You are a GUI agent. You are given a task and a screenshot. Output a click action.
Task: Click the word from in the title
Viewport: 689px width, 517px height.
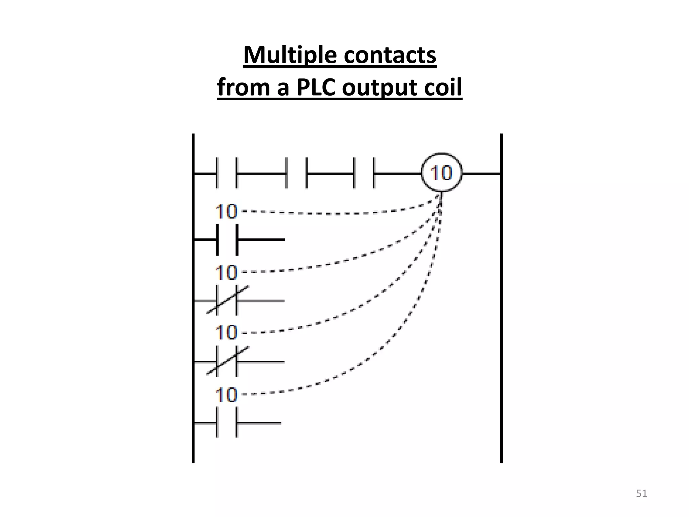244,87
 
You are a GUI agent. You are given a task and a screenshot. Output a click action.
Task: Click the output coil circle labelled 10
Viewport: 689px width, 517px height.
441,173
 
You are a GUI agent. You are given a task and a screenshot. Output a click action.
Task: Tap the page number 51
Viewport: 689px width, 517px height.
641,493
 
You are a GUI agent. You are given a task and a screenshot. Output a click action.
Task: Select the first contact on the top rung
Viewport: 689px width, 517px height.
226,173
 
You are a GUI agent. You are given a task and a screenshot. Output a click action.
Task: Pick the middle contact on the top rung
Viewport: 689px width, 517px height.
296,173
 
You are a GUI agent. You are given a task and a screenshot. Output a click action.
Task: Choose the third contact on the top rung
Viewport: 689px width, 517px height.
364,173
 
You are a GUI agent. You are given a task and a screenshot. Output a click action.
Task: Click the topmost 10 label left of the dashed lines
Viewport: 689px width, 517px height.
226,212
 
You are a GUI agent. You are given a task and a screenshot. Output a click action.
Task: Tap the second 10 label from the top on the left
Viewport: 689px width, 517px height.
226,272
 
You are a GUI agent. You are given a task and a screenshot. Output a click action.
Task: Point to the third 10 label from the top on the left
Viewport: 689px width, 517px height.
226,333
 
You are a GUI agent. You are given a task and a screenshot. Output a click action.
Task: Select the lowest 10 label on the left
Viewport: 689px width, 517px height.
226,394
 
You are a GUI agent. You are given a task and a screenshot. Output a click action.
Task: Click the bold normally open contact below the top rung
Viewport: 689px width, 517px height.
227,240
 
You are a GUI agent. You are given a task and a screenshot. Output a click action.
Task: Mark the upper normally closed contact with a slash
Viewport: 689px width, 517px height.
227,301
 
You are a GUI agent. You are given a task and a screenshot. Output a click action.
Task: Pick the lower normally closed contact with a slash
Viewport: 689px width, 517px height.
227,361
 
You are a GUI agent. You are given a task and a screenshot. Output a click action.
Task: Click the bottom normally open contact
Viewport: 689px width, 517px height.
227,423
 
